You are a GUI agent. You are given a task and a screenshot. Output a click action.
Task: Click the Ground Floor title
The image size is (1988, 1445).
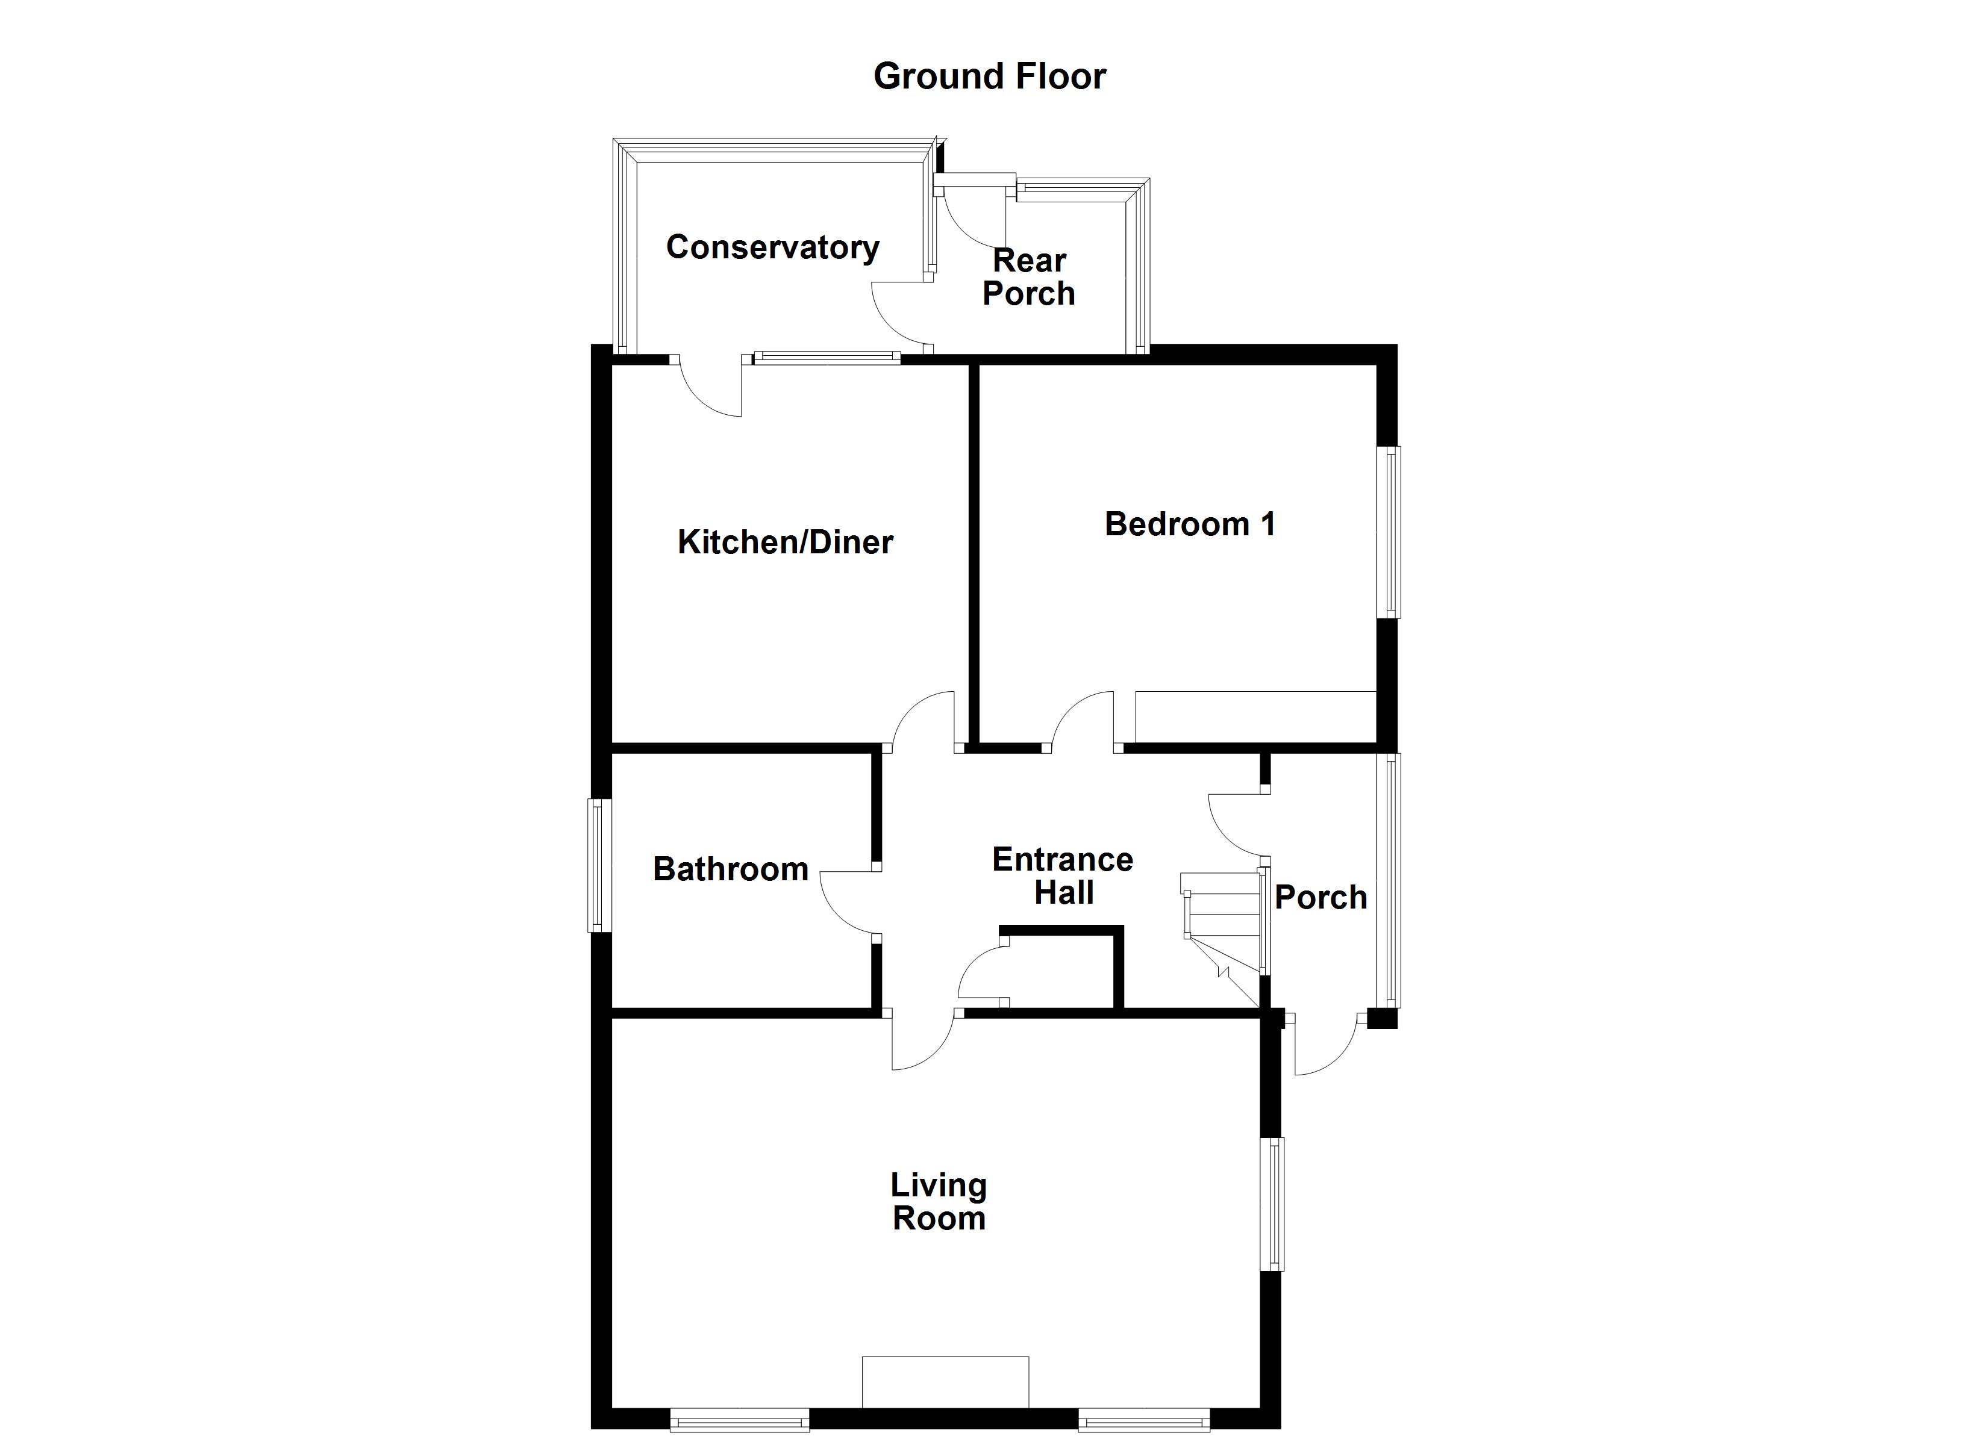pyautogui.click(x=990, y=77)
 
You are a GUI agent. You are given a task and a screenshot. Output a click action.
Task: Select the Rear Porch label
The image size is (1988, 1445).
pyautogui.click(x=1029, y=277)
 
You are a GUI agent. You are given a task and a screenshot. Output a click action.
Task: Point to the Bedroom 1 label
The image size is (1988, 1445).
pyautogui.click(x=1189, y=524)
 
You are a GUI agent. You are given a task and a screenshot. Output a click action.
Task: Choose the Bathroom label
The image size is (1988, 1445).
pyautogui.click(x=730, y=869)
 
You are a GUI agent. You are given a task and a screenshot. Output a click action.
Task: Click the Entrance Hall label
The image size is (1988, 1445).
pyautogui.click(x=1062, y=876)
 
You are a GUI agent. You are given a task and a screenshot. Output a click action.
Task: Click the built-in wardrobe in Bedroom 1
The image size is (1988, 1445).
pyautogui.click(x=1255, y=717)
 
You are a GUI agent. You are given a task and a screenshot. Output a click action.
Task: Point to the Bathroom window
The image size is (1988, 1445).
pyautogui.click(x=599, y=865)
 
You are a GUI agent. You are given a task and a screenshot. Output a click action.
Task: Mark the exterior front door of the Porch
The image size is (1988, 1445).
pyautogui.click(x=1325, y=1046)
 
